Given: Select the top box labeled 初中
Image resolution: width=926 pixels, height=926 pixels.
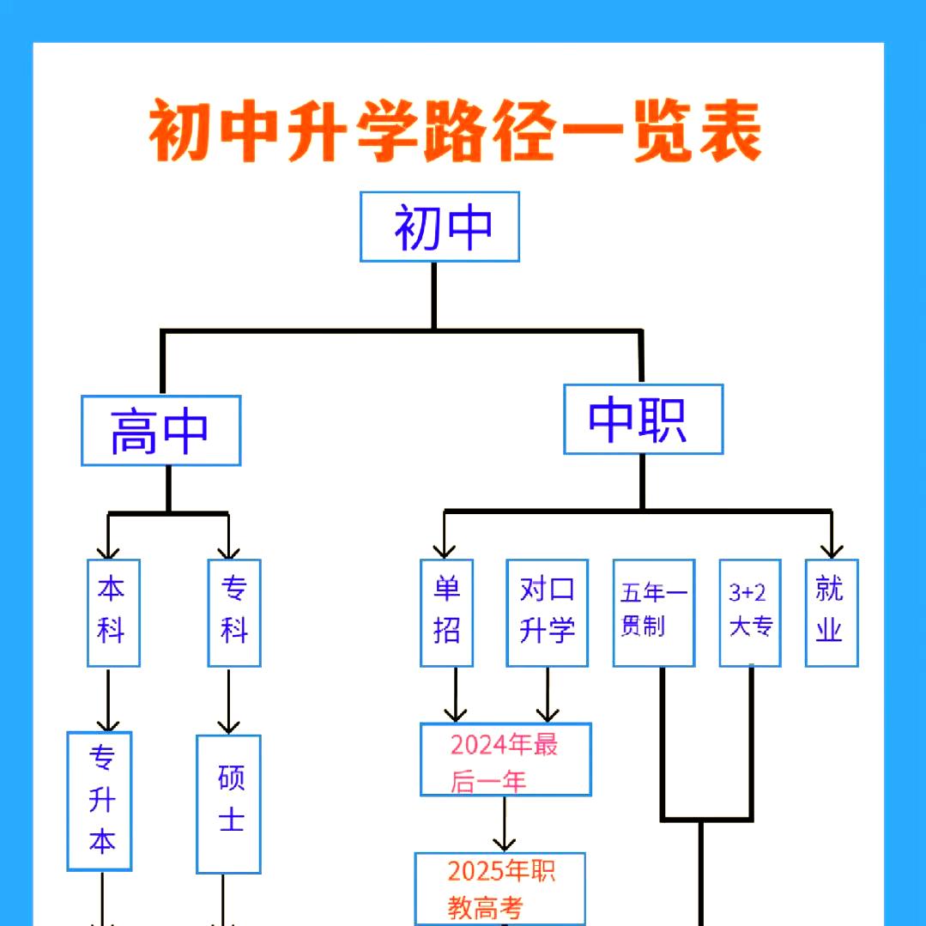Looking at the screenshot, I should pyautogui.click(x=439, y=227).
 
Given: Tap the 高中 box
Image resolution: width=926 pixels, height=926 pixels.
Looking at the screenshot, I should pyautogui.click(x=160, y=431).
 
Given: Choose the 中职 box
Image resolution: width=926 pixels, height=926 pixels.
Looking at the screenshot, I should pyautogui.click(x=643, y=419).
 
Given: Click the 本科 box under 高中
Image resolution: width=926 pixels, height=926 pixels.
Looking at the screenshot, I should pyautogui.click(x=112, y=613).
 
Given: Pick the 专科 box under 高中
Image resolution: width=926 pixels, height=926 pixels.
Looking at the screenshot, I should pyautogui.click(x=233, y=613).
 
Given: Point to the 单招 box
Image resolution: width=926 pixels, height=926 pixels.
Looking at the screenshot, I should pyautogui.click(x=446, y=613).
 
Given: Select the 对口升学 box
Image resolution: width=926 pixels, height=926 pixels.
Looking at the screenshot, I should pyautogui.click(x=547, y=613).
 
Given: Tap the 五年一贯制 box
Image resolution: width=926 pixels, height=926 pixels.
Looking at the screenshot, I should pyautogui.click(x=653, y=613).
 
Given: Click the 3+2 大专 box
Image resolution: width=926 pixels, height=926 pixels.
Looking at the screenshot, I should pyautogui.click(x=749, y=613).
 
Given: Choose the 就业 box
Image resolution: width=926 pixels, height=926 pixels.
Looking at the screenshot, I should pyautogui.click(x=831, y=613).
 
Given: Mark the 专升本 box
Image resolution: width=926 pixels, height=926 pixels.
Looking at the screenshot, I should pyautogui.click(x=100, y=801).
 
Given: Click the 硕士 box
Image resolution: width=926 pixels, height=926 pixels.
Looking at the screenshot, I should pyautogui.click(x=228, y=803).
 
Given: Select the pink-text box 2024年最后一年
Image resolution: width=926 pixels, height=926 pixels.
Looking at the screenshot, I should pyautogui.click(x=505, y=760).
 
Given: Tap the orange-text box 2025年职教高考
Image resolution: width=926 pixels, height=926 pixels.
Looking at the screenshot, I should pyautogui.click(x=500, y=888).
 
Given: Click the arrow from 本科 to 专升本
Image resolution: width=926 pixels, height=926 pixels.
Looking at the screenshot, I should pyautogui.click(x=108, y=699).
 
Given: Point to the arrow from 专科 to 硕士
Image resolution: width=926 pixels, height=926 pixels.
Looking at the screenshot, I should pyautogui.click(x=228, y=700).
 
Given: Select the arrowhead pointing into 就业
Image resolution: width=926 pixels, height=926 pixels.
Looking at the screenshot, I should pyautogui.click(x=831, y=549).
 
